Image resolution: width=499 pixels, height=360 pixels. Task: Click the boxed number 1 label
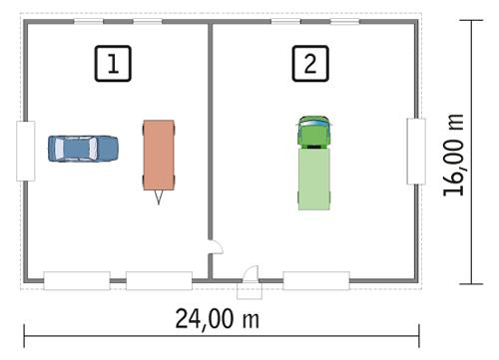(114, 64)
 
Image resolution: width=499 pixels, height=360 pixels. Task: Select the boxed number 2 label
(309, 64)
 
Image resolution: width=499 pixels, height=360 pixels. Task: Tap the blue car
(83, 149)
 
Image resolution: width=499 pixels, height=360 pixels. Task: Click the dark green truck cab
(313, 133)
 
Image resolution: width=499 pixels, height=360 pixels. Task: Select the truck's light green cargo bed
(313, 179)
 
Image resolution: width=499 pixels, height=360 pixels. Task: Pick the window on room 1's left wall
(26, 151)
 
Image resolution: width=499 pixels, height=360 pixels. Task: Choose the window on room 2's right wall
(416, 151)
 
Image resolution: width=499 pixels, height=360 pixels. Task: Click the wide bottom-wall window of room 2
(315, 280)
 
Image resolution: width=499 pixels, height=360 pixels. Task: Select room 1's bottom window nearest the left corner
(76, 280)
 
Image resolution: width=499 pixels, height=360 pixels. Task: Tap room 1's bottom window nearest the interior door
(158, 280)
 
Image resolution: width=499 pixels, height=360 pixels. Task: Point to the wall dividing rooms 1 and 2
(211, 140)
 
